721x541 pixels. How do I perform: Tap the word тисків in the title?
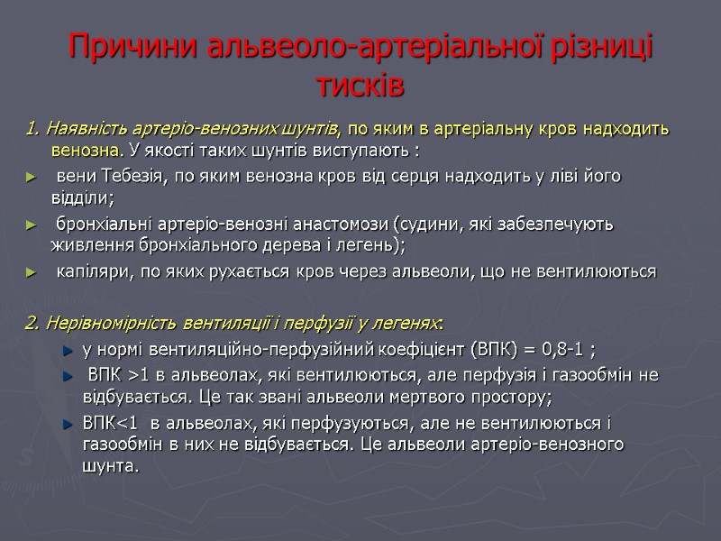(360, 87)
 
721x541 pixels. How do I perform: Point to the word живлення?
(84, 246)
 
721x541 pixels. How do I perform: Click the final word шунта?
(110, 467)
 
